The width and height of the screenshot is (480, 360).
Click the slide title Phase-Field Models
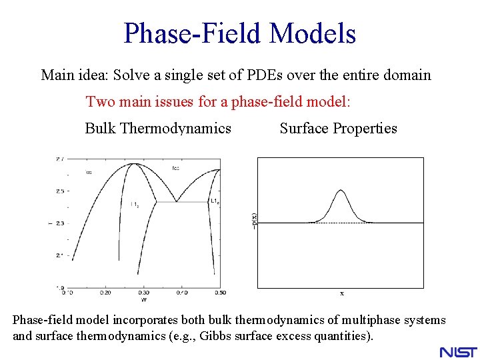coord(239,33)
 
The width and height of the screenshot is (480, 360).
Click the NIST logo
coord(458,351)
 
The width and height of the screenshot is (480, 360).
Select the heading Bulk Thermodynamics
coord(158,128)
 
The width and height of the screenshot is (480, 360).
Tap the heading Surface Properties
coord(338,128)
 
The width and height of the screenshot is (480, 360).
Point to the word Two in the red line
coord(99,102)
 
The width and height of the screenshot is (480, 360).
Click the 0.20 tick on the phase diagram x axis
coord(105,293)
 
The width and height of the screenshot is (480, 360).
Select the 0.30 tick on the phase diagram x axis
coord(143,293)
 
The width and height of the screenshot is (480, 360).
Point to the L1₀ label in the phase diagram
coord(215,201)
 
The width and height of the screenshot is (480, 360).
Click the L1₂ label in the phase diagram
coord(134,205)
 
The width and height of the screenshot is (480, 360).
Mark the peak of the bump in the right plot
coord(341,191)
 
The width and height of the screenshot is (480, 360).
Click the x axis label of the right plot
coord(341,293)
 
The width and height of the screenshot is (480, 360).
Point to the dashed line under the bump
coord(341,223)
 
